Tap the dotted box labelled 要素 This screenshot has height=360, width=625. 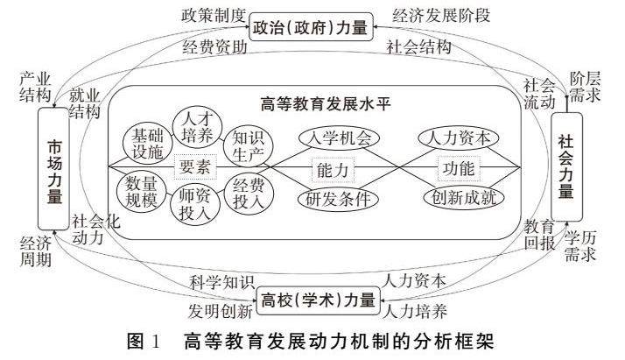coord(193,165)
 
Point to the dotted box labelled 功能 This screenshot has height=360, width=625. coord(460,166)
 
